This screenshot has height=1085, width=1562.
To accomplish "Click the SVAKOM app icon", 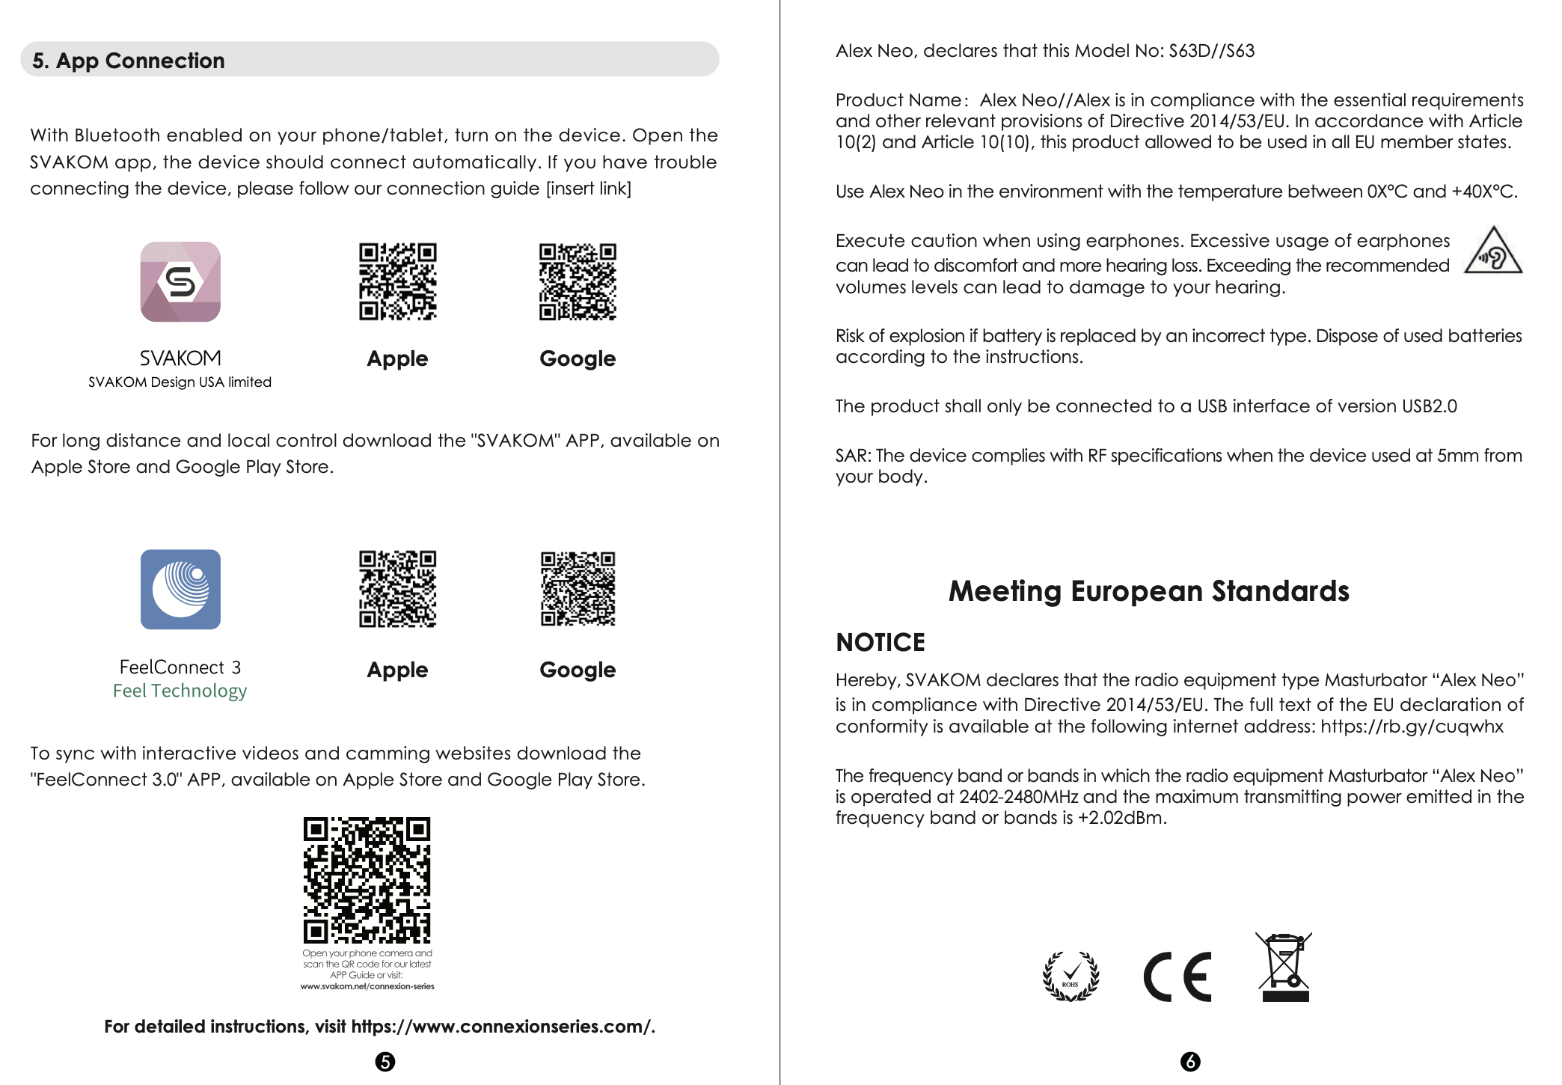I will point(180,281).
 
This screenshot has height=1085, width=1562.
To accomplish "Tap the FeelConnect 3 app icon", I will point(180,590).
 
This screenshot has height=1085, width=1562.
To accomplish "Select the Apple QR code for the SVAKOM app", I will point(397,281).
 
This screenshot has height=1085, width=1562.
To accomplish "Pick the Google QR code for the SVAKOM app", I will point(578,281).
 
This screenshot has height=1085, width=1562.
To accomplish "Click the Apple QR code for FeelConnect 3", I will point(397,590).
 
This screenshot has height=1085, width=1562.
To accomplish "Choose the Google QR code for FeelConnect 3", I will point(578,590).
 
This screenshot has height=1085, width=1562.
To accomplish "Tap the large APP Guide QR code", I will point(367,880).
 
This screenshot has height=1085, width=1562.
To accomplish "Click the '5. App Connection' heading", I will point(129,61).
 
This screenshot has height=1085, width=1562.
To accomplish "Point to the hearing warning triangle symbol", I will point(1492,252).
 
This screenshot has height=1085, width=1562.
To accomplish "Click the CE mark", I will point(1177,977).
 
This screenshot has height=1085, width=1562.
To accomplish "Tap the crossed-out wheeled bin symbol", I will point(1284,967).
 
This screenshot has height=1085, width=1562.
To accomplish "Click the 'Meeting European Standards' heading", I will point(1148,591).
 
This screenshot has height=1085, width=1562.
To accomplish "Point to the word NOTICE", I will point(880,643).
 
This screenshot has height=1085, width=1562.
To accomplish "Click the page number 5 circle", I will point(385,1062).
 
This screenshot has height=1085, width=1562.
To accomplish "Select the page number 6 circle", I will point(1190,1062).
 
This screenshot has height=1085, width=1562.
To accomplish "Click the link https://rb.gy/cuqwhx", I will point(1412,727).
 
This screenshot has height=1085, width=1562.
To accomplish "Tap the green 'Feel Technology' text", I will point(180,691).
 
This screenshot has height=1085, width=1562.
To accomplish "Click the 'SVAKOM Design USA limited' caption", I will point(180,382).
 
